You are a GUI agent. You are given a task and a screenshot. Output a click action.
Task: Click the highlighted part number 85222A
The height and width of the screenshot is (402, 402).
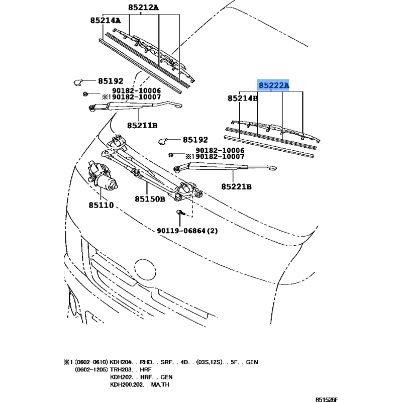pos(273,85)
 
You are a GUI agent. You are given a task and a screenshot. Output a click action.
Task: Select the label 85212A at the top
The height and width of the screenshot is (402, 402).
pos(143,8)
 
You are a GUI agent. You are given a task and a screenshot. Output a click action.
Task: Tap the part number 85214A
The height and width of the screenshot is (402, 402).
pos(106,20)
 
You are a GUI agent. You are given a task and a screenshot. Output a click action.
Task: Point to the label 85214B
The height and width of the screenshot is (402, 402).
pos(243,98)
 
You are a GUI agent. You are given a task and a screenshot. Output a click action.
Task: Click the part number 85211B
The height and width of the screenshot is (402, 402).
pos(142,126)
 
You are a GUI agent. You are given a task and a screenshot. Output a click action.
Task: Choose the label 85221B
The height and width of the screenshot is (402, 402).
pos(236,186)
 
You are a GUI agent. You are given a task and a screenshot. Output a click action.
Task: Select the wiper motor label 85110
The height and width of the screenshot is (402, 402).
pos(102,205)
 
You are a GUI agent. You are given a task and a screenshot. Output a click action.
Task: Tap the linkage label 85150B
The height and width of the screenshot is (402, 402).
pos(150,199)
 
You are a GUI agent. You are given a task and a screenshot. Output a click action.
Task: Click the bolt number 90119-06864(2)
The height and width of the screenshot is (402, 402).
pos(187,231)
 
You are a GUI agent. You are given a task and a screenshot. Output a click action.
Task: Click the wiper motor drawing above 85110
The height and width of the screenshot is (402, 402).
pos(102,176)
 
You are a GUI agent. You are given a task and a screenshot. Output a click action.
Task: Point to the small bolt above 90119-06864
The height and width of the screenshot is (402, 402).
pos(180,213)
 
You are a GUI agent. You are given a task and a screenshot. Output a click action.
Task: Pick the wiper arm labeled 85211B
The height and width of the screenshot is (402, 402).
pos(135,106)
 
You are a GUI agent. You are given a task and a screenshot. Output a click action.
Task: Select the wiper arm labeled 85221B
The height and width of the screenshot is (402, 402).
pos(224,167)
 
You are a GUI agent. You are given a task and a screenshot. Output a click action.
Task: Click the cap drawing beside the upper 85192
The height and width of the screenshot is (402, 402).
pos(77,82)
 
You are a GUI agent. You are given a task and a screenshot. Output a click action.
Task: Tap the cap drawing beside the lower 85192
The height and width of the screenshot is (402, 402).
pos(162,141)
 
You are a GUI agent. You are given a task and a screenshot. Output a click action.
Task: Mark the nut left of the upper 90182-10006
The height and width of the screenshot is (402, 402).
pos(85,94)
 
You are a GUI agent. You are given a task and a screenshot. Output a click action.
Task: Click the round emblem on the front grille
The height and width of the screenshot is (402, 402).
pos(145,269)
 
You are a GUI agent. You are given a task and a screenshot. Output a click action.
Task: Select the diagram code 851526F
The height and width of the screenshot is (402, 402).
pos(326,399)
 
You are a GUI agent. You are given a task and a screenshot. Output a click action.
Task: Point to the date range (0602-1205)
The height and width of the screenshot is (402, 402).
pos(91,369)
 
